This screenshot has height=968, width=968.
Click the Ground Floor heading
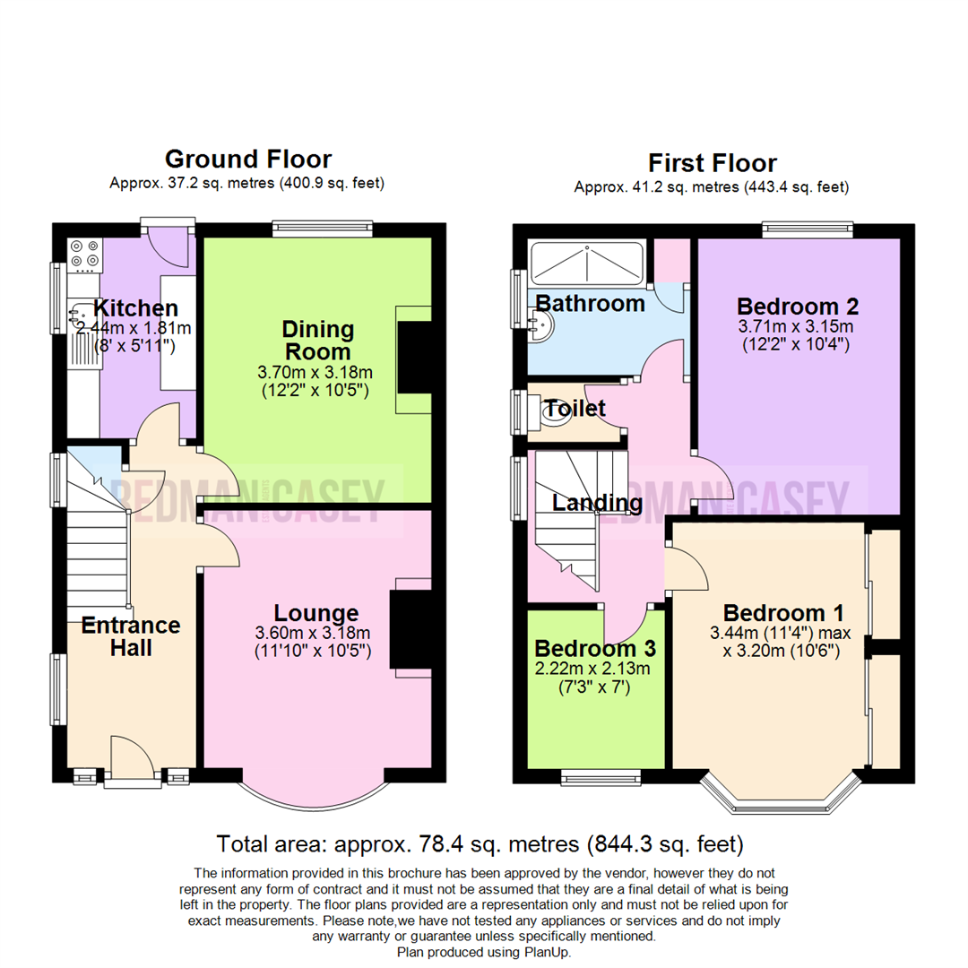pos(247,160)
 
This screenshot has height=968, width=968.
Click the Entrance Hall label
pos(131,636)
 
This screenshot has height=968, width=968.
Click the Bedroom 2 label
pos(798,307)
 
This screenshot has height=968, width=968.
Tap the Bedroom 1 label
pos(782,614)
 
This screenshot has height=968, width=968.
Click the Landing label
pos(597,503)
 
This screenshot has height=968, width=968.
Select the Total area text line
pos(480,843)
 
